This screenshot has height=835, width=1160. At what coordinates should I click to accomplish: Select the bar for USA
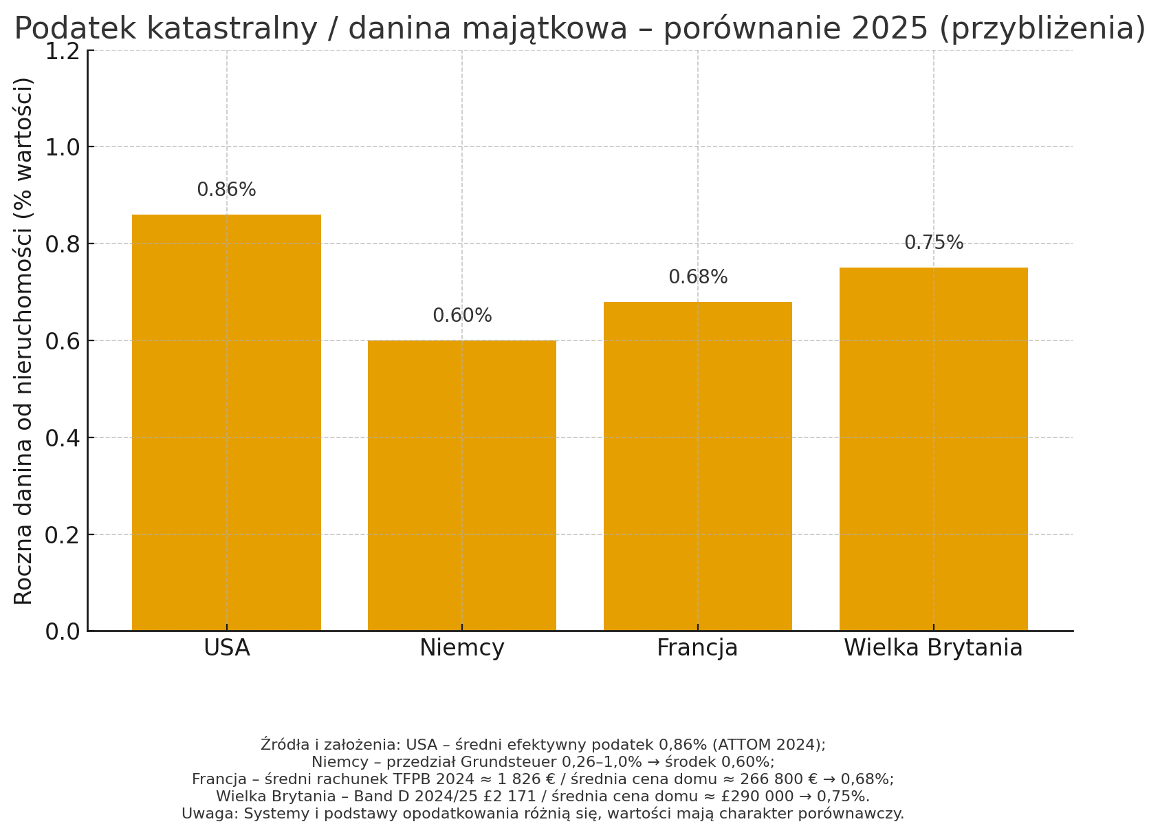[226, 422]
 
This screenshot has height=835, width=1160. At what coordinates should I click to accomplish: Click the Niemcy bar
[462, 485]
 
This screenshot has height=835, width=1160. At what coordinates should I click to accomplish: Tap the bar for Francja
[697, 466]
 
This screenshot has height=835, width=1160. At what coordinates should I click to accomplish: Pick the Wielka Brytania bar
[933, 448]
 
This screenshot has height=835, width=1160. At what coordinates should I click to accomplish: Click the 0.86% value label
[226, 190]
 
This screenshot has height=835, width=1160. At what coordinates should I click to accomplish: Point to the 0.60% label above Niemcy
[462, 316]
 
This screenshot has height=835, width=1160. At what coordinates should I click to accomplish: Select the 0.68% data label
[697, 277]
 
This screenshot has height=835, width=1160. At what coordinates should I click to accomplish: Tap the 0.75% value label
[933, 243]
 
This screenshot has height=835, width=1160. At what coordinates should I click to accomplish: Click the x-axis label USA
[226, 648]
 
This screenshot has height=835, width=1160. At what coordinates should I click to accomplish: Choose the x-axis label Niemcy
[462, 648]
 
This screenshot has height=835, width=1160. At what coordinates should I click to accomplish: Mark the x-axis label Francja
[697, 648]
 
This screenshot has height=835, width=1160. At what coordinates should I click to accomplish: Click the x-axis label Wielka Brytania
[933, 648]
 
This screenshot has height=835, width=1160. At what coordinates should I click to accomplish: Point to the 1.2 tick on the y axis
[62, 50]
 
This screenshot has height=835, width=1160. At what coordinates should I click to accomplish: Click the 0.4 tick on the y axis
[62, 437]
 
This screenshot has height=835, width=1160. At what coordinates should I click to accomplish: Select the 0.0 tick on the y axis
[62, 631]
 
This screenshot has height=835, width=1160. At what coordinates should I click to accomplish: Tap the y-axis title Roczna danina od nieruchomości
[24, 340]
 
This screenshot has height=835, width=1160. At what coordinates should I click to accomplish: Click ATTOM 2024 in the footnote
[768, 745]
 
